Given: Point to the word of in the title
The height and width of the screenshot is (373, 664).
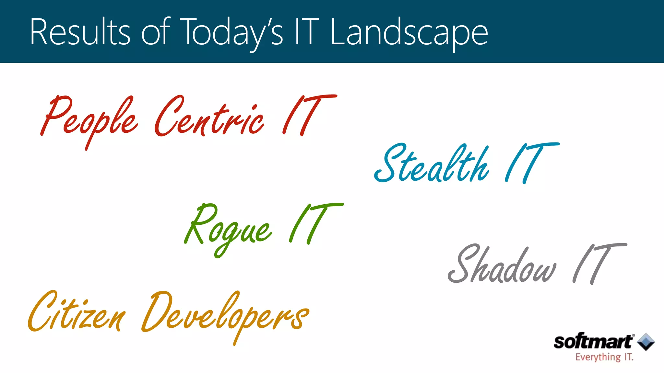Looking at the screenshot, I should coord(156,32).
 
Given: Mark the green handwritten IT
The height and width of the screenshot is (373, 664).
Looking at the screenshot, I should coord(314,223).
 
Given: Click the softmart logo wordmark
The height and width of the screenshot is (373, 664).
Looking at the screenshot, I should coord(593,342).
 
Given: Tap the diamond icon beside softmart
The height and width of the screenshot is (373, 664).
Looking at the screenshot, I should coord(646,342).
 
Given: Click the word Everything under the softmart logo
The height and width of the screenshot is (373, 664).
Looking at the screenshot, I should coord(598,357).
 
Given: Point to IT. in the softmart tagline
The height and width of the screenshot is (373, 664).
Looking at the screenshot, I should coord(628,357).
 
